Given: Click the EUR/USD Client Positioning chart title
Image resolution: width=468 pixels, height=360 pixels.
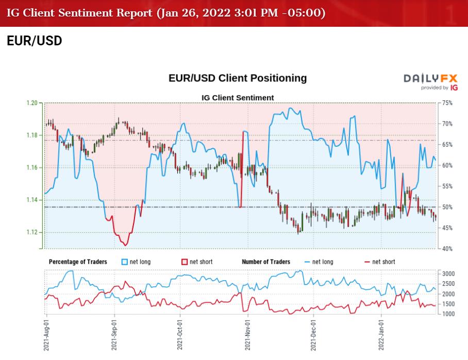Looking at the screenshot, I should [238, 78].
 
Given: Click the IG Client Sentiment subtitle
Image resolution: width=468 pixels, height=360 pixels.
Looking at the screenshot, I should [238, 97].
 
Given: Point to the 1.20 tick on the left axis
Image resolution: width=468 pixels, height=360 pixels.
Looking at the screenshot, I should [32, 103].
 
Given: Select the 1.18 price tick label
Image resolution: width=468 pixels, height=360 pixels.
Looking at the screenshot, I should [32, 135].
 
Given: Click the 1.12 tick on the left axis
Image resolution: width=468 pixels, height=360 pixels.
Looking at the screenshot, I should [32, 232].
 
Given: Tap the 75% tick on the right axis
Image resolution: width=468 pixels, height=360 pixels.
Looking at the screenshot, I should [446, 103].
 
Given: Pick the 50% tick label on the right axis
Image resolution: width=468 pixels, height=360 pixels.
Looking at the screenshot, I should [446, 207].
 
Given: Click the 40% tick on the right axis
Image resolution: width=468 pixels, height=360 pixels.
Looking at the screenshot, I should [446, 249].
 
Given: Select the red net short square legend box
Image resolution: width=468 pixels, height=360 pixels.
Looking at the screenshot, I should [186, 262].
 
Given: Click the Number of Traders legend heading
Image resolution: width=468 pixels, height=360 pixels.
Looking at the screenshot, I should [266, 262].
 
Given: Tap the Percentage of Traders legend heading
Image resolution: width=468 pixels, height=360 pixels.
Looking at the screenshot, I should [78, 262].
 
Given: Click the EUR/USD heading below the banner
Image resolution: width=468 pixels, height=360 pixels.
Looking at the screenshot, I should [35, 41].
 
